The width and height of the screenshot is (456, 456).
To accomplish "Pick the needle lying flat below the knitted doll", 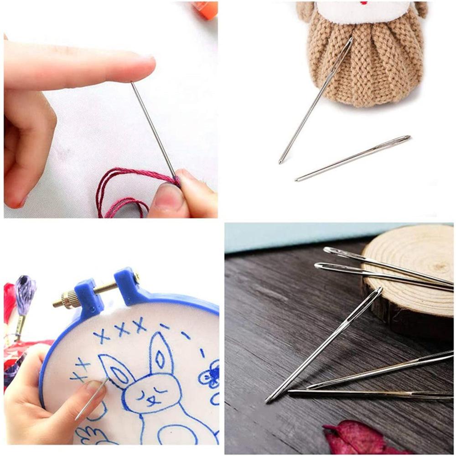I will pyautogui.click(x=353, y=157).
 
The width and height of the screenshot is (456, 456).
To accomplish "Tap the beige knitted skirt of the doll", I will pyautogui.click(x=365, y=68).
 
